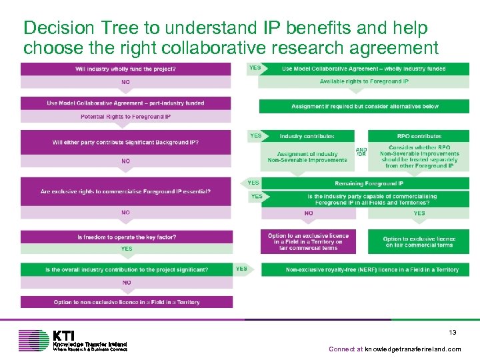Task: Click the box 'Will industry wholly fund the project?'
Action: [x=125, y=69]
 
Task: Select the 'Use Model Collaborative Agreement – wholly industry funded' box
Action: [x=363, y=69]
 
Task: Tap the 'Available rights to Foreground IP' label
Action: [x=363, y=81]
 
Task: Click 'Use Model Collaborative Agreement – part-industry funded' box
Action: [x=125, y=103]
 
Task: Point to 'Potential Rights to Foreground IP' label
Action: [x=125, y=117]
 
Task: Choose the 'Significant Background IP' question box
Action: [x=125, y=142]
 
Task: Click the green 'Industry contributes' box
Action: [x=307, y=136]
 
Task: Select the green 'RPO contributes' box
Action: [x=419, y=136]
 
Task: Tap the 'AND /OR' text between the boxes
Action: [x=361, y=152]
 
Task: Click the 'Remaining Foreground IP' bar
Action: [x=363, y=183]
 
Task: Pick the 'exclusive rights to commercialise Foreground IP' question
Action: [x=125, y=191]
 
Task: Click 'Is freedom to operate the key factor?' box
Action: [x=125, y=237]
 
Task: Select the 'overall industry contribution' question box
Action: [x=125, y=270]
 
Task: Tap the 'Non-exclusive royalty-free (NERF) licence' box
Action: [x=363, y=270]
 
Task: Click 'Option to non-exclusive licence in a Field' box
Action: [x=125, y=302]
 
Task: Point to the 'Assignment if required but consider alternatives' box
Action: [x=363, y=106]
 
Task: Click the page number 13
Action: [x=452, y=332]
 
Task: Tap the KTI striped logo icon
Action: [x=33, y=340]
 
